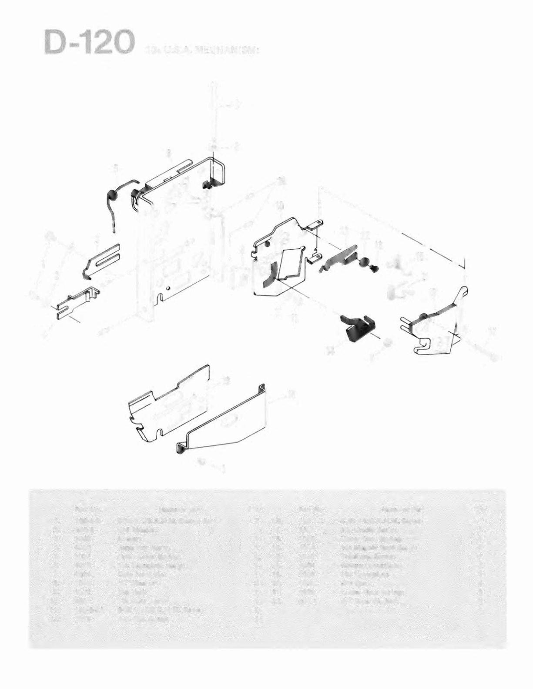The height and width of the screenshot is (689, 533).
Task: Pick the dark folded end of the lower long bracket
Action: pyautogui.click(x=180, y=448)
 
